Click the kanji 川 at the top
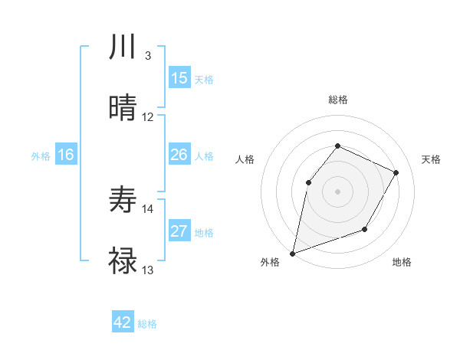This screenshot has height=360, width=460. click(x=123, y=47)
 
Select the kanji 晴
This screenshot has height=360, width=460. click(x=123, y=108)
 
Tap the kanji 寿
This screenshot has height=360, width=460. click(x=123, y=200)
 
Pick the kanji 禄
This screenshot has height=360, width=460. click(x=123, y=261)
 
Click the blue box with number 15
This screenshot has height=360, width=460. click(x=179, y=78)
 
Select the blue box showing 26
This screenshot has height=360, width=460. click(x=179, y=155)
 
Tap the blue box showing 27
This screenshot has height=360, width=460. click(x=179, y=232)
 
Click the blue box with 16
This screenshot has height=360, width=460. click(x=66, y=155)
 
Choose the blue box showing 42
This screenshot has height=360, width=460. click(x=123, y=323)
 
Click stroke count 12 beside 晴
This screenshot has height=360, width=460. click(x=148, y=117)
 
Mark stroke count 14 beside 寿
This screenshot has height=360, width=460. click(x=148, y=208)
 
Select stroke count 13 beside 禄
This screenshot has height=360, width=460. click(x=148, y=270)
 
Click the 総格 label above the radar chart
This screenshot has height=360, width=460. click(x=337, y=100)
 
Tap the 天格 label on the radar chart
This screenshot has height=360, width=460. click(x=431, y=159)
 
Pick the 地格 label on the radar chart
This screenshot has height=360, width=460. click(x=402, y=262)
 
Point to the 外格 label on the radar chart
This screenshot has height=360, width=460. click(x=270, y=262)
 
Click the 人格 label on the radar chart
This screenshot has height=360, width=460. click(x=245, y=159)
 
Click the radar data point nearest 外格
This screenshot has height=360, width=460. click(x=292, y=253)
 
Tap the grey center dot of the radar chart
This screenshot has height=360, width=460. click(x=337, y=191)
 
